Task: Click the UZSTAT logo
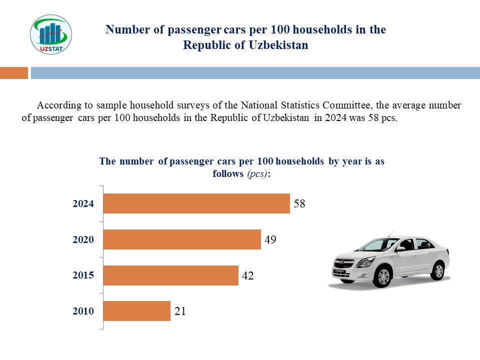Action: coord(51,34)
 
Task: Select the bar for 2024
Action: coord(196,203)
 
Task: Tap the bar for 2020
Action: coord(181,239)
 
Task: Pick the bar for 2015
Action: coord(170,275)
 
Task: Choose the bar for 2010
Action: coord(136,311)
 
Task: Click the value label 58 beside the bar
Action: coord(299,204)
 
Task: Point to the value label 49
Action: coord(270,239)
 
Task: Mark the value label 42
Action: coord(248,275)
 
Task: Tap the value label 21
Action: coord(180,311)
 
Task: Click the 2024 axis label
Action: coord(83,204)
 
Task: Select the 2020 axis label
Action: coord(83,240)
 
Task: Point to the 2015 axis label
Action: coord(83,275)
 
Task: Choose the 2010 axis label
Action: coord(83,311)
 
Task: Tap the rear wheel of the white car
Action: coord(438,270)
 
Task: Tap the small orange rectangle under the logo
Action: coord(14,73)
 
